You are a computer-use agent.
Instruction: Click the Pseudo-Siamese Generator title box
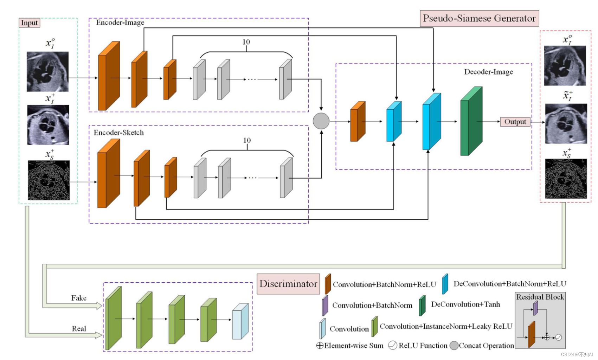(x=479, y=18)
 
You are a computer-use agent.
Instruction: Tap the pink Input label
(x=30, y=23)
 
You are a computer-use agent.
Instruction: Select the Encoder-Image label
(x=120, y=22)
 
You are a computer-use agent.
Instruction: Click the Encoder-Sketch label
(x=118, y=133)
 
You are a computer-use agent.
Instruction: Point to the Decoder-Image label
(x=489, y=72)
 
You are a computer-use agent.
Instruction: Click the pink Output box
(x=515, y=122)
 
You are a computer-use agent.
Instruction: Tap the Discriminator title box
(x=288, y=284)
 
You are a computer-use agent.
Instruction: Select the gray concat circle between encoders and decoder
(x=321, y=121)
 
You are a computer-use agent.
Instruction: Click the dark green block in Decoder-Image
(x=471, y=121)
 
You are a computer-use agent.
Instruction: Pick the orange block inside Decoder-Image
(x=358, y=121)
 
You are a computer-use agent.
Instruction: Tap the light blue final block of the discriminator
(x=240, y=321)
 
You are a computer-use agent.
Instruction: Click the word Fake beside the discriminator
(x=79, y=298)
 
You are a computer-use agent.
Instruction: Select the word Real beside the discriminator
(x=79, y=328)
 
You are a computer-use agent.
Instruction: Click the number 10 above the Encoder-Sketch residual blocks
(x=247, y=140)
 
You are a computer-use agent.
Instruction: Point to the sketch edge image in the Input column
(x=49, y=180)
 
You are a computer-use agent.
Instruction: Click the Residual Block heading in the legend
(x=540, y=297)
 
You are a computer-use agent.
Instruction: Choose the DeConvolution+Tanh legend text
(x=465, y=304)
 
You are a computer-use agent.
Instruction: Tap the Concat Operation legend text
(x=487, y=346)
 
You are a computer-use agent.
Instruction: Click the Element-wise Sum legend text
(x=354, y=346)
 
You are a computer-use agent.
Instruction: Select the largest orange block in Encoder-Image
(x=109, y=76)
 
